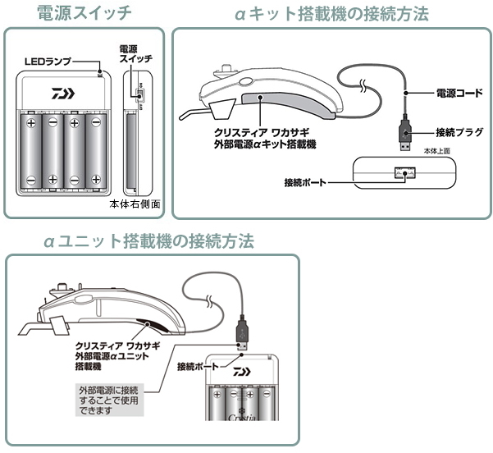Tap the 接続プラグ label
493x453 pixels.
[x=455, y=131]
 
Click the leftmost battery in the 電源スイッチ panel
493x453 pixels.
[x=32, y=152]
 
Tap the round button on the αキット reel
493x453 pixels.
[x=245, y=83]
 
